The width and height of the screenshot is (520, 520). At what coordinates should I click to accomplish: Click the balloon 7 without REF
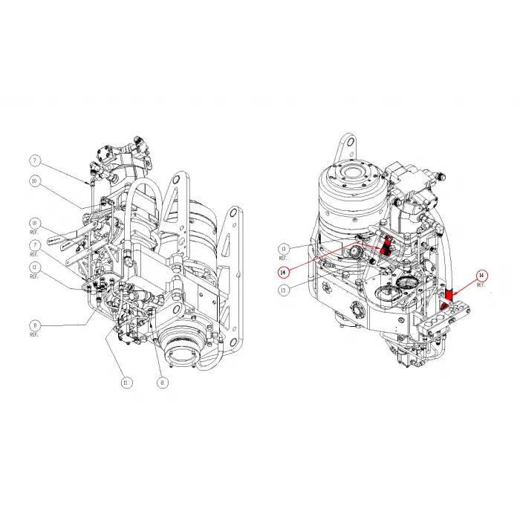point(34,160)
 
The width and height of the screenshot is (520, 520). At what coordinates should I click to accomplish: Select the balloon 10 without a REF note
point(34,181)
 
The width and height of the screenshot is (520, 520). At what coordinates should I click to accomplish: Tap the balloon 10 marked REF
point(34,223)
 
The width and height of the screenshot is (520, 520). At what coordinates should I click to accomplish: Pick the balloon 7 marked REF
point(34,244)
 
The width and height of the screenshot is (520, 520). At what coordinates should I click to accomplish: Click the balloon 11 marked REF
point(34,267)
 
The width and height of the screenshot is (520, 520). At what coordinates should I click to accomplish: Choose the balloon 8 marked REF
point(34,325)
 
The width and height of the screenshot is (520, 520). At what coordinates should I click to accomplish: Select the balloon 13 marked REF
point(283,248)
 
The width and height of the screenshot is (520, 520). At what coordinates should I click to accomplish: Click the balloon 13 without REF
point(283,290)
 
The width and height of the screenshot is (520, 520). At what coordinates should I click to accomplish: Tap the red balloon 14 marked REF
point(481,276)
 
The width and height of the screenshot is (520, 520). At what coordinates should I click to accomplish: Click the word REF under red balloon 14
point(481,287)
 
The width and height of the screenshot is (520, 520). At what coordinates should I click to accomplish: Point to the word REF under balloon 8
point(34,335)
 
